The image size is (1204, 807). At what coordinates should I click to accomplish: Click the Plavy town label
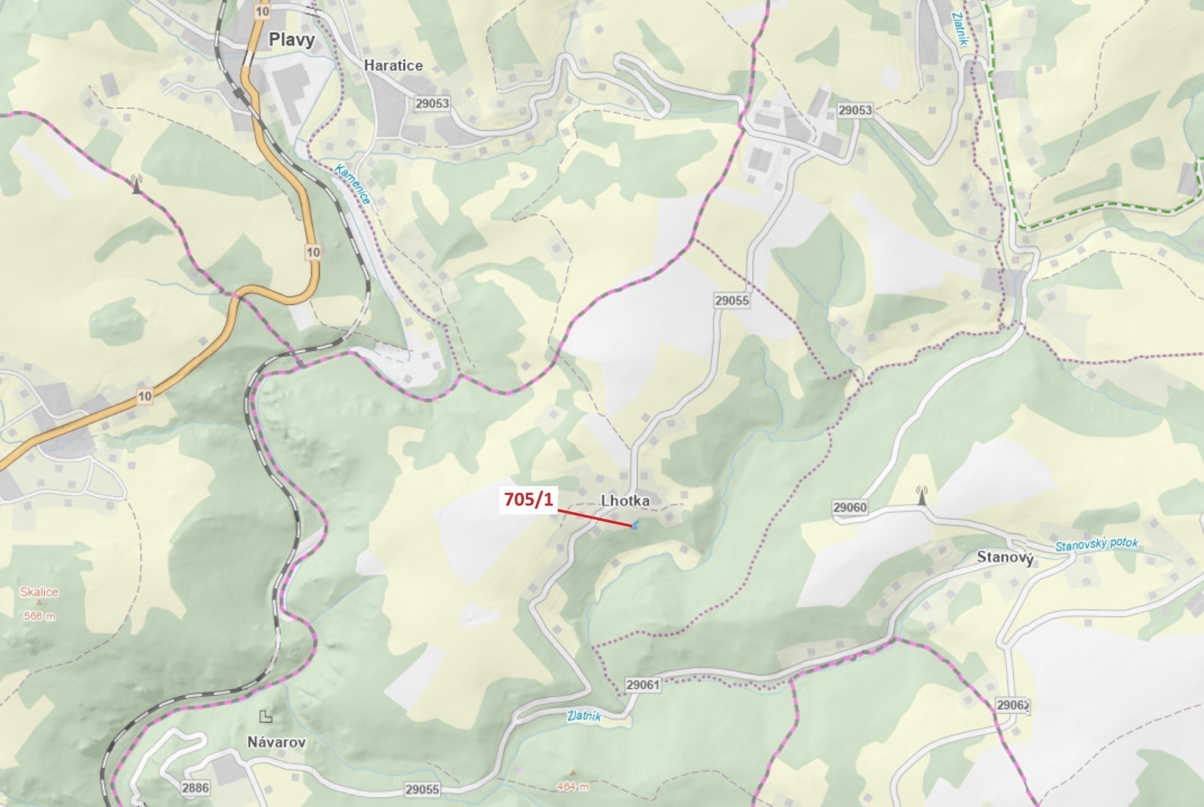click(x=292, y=40)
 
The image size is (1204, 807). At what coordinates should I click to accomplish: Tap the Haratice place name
click(x=393, y=65)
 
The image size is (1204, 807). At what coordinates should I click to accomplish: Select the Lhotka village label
click(x=625, y=500)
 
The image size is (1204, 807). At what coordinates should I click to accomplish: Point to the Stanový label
click(x=1005, y=557)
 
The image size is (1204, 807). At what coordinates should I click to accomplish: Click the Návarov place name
click(x=276, y=742)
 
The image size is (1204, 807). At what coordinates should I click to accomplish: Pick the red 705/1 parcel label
click(x=529, y=499)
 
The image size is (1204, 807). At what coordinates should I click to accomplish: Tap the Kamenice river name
click(x=353, y=184)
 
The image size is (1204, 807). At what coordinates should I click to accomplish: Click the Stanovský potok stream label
click(x=1096, y=545)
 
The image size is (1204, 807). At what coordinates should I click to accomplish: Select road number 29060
click(x=849, y=508)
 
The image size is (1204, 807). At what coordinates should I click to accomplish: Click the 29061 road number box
click(x=643, y=684)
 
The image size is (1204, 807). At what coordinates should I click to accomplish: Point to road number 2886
click(x=195, y=787)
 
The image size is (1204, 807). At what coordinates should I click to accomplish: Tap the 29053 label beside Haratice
click(x=432, y=104)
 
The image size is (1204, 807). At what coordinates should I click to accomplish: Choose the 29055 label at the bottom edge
click(x=422, y=790)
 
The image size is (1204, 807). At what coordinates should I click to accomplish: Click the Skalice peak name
click(x=39, y=592)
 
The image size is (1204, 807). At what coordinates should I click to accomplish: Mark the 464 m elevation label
click(x=572, y=786)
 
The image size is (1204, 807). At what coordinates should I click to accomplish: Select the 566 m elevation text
click(x=39, y=616)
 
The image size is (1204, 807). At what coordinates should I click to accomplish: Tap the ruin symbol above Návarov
click(x=265, y=716)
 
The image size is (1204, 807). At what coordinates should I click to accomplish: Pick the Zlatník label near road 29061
click(x=584, y=716)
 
